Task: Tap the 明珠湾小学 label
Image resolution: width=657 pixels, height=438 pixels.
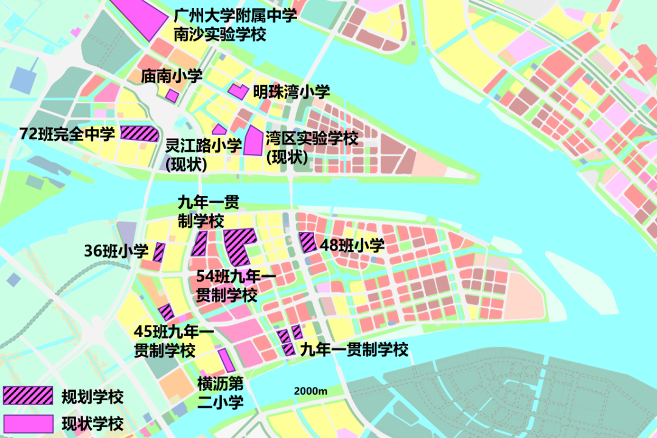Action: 291,92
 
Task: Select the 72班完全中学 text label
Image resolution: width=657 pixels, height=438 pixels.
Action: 67,134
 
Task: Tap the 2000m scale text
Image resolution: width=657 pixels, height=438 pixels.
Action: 310,391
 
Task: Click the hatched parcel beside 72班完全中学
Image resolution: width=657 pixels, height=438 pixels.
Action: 139,133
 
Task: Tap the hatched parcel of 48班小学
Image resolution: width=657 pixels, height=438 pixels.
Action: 307,242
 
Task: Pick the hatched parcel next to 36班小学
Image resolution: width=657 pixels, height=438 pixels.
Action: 159,252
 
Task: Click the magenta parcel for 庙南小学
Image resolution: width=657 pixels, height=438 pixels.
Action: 172,96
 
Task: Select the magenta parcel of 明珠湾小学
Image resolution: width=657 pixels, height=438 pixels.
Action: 238,91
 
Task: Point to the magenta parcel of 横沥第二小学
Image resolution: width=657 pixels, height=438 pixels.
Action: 226,360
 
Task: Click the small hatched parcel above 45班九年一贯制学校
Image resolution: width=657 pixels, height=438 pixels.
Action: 166,312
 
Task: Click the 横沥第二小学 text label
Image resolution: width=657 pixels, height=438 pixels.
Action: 220,392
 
